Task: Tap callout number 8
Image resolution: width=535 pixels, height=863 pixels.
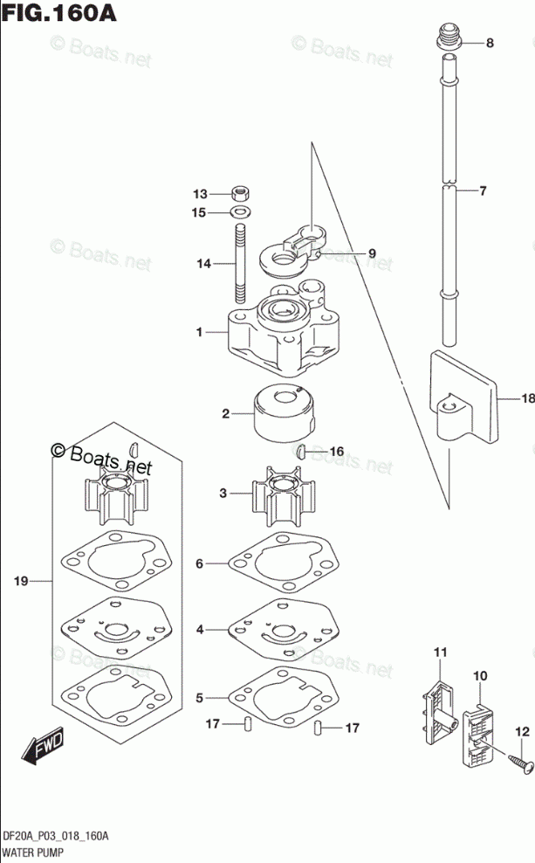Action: [x=489, y=43]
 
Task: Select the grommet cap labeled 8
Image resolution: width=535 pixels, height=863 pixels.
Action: [x=447, y=38]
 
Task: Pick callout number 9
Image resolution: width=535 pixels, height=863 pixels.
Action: [x=371, y=253]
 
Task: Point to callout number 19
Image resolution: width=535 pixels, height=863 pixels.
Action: [x=21, y=580]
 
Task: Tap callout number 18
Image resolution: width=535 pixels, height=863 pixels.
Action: [x=526, y=399]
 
